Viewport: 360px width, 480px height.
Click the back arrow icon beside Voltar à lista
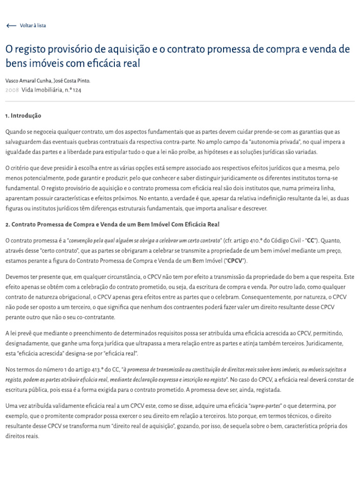point(11,26)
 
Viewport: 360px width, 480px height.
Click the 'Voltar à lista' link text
point(33,26)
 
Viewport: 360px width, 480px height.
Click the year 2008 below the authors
point(12,90)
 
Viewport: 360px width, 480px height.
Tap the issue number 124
point(76,90)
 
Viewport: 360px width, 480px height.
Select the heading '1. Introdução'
point(23,115)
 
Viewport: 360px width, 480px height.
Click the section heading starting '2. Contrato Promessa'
point(112,225)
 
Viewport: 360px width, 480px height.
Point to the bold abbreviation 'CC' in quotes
point(310,240)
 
